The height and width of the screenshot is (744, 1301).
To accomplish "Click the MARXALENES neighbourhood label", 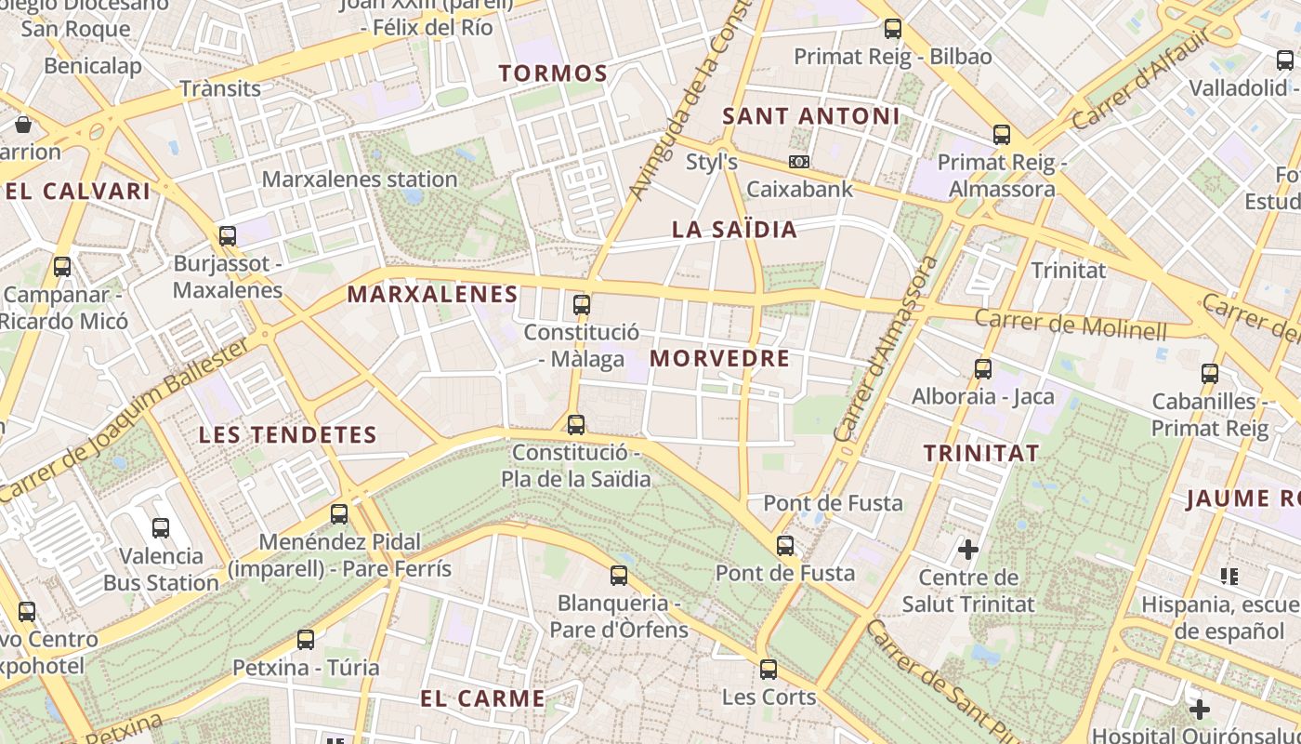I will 432,295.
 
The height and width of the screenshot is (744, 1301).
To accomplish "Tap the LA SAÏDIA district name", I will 734,230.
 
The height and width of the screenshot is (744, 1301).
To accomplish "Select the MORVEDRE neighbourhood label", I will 719,359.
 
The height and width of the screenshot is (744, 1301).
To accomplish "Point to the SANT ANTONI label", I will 811,116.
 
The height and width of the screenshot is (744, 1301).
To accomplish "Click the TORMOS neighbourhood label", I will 553,73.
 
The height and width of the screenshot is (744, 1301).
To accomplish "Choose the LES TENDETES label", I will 288,434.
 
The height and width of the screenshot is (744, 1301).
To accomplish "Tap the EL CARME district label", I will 482,698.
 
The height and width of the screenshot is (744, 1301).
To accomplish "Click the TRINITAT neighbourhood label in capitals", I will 981,454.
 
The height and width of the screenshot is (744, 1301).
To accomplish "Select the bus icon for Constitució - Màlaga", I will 582,305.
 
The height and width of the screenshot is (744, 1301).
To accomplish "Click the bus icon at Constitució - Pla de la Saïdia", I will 576,425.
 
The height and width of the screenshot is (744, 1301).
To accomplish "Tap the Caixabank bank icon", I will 798,162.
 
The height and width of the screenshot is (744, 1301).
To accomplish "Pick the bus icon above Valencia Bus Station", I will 161,528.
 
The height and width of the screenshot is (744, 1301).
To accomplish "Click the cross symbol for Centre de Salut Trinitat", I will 968,549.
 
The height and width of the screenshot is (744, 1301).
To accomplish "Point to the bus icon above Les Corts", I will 769,669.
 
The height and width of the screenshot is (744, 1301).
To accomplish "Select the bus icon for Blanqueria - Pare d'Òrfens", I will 619,576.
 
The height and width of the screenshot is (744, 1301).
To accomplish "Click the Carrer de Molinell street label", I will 1071,324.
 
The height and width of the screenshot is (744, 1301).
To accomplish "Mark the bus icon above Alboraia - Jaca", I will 983,369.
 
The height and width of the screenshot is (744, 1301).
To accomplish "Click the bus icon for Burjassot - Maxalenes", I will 228,236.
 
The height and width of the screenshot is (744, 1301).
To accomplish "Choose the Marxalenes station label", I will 360,179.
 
